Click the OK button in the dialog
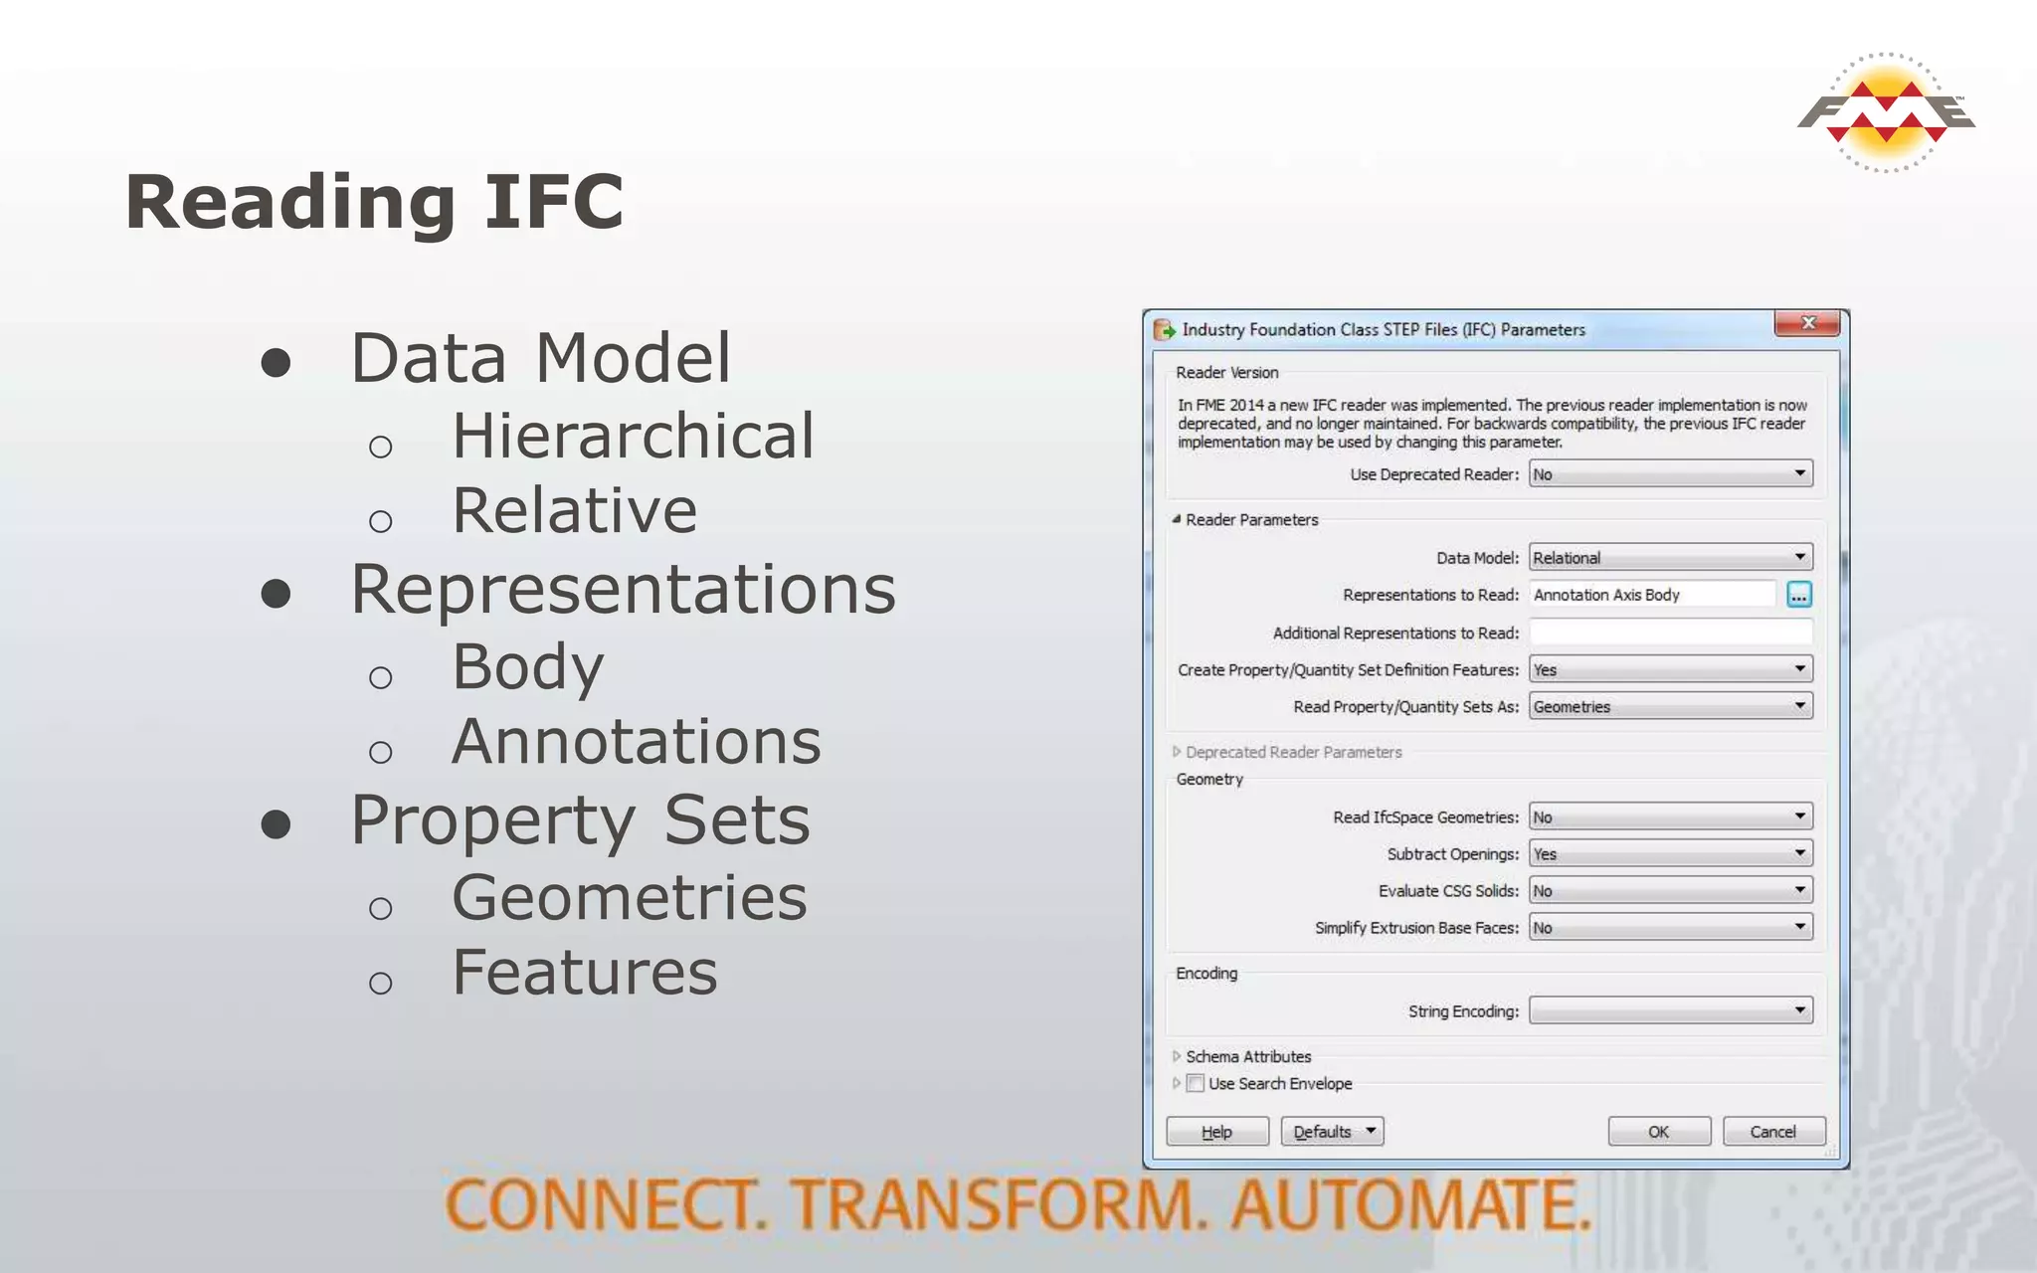click(x=1658, y=1132)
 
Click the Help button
click(x=1216, y=1132)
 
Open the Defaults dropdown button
click(x=1332, y=1132)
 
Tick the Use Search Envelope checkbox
click(x=1196, y=1084)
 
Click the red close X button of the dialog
click(x=1807, y=323)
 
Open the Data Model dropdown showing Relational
click(x=1670, y=558)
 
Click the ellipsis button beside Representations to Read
click(x=1798, y=595)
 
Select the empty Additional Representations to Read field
click(x=1670, y=633)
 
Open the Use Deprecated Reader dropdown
click(x=1670, y=474)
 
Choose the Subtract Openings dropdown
click(x=1670, y=854)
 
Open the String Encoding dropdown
click(x=1670, y=1011)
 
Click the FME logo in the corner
click(x=1886, y=112)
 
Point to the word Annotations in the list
click(x=637, y=742)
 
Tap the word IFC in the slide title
click(x=554, y=202)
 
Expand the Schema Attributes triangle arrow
click(x=1177, y=1056)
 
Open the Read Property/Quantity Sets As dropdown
click(x=1670, y=707)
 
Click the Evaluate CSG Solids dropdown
click(x=1670, y=891)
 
